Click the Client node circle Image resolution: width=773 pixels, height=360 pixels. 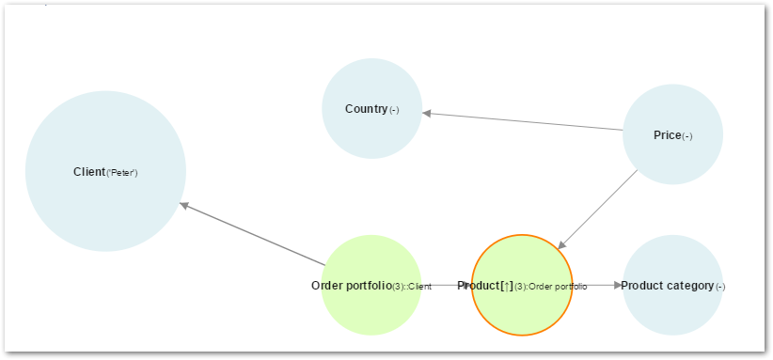tap(105, 202)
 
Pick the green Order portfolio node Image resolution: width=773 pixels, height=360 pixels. tap(371, 310)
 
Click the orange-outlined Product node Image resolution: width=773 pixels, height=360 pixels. tap(522, 310)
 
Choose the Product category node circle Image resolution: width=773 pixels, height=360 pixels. tap(672, 310)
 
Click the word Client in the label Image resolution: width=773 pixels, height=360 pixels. tap(89, 172)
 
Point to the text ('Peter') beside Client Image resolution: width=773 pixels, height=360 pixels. tap(122, 173)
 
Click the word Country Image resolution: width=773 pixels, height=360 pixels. tap(366, 109)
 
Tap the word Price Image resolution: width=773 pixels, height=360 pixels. tap(667, 135)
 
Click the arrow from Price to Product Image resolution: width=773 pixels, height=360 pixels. tap(600, 208)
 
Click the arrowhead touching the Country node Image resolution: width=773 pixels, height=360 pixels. tap(427, 113)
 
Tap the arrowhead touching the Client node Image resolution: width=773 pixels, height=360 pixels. tap(185, 205)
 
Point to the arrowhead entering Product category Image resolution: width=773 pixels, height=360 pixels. tap(616, 285)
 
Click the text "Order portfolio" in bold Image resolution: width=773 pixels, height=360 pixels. tap(351, 286)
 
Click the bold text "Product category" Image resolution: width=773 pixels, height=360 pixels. tap(667, 286)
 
